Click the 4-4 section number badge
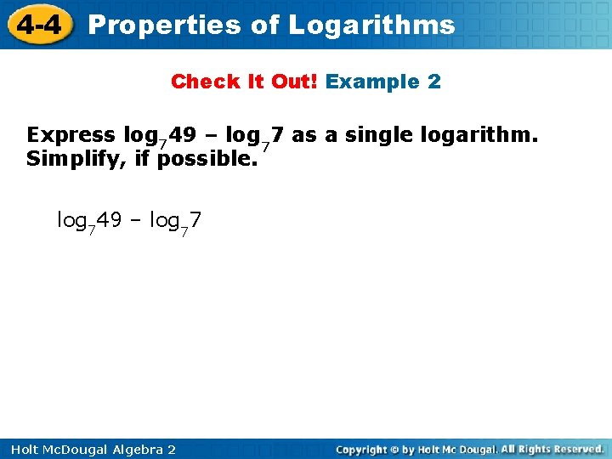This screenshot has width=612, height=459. coord(37,25)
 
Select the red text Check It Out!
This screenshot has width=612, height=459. coord(245,82)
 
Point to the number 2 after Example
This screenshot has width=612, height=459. coord(434,82)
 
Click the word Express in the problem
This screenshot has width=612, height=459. coord(71,135)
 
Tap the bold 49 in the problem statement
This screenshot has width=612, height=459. coord(182,135)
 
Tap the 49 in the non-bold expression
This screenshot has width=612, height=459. coord(109,221)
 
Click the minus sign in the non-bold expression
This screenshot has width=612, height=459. coord(135,221)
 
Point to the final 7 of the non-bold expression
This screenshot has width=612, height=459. coord(195,221)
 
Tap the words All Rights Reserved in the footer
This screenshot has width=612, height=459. coord(552,449)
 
